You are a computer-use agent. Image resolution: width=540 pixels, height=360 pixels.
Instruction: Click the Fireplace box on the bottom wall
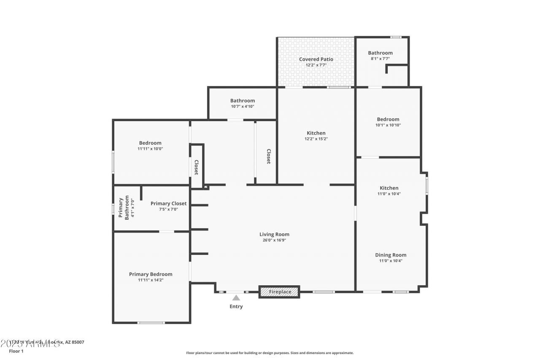279,292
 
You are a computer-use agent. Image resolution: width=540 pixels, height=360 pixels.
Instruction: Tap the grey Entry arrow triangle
236,298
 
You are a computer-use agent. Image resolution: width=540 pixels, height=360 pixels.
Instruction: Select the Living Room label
274,234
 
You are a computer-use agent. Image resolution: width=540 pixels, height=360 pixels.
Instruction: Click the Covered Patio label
316,59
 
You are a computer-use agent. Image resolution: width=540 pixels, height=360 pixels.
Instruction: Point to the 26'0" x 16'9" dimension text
274,241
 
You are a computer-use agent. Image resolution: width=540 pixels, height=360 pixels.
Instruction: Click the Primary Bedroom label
151,274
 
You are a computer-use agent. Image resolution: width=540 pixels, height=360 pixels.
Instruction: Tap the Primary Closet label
168,203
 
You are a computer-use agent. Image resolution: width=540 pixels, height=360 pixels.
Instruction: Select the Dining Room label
391,255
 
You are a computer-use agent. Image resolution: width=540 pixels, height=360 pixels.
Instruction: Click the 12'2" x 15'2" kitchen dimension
316,139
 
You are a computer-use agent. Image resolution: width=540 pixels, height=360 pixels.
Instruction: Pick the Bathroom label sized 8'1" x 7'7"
380,53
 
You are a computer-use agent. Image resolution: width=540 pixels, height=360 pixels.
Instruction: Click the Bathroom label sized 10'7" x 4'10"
243,100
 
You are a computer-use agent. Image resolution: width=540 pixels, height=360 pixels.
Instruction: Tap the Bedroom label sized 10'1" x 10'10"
388,119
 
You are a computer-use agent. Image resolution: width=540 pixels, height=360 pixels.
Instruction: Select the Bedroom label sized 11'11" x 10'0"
150,143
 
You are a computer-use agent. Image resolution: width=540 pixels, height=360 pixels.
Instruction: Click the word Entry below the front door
236,306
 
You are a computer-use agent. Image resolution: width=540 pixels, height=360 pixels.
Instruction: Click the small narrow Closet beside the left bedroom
197,167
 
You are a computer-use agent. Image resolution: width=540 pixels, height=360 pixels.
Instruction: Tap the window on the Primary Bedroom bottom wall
151,323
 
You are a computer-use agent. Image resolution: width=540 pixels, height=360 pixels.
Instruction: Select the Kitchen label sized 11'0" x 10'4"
389,188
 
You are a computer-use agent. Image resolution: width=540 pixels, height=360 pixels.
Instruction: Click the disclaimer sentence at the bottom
270,353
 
